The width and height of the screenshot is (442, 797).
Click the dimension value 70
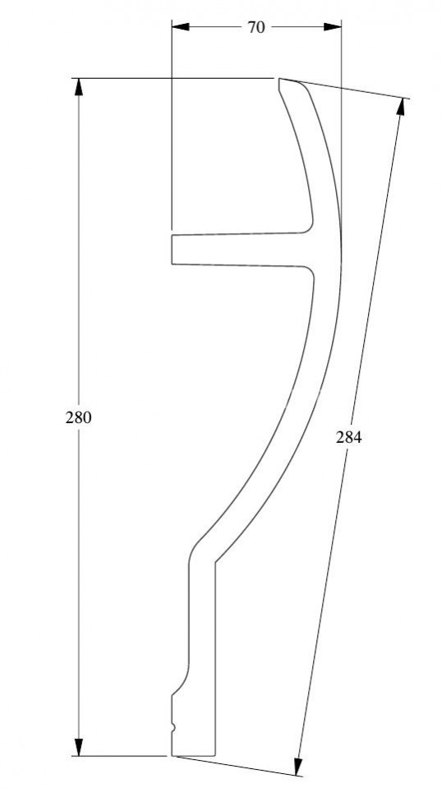pyautogui.click(x=256, y=27)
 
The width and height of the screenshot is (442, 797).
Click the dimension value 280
pyautogui.click(x=79, y=417)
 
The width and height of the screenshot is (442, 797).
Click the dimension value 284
pyautogui.click(x=348, y=436)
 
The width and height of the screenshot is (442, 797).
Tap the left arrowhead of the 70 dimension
pyautogui.click(x=181, y=26)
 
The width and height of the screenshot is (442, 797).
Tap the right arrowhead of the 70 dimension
pyautogui.click(x=332, y=26)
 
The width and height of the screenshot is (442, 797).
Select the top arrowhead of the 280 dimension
pyautogui.click(x=79, y=87)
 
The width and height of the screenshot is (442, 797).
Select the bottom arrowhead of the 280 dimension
pyautogui.click(x=79, y=747)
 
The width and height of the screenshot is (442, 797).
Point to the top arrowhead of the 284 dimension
pyautogui.click(x=401, y=106)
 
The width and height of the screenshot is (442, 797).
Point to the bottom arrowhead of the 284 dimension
pyautogui.click(x=298, y=767)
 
